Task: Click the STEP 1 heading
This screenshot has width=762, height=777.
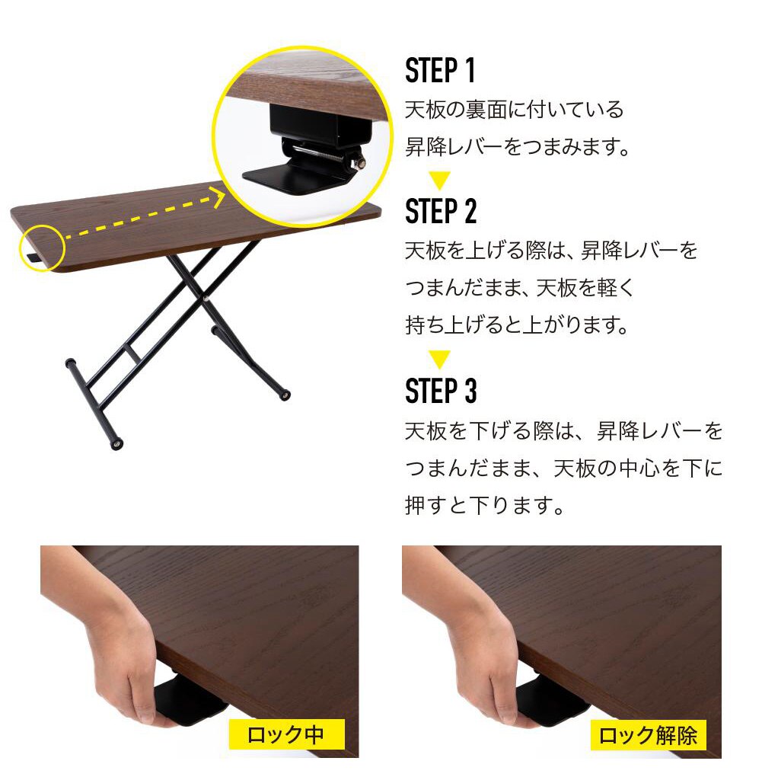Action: [x=440, y=70]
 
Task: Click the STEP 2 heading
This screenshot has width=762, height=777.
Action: [x=441, y=211]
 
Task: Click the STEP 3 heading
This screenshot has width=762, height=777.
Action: [x=441, y=391]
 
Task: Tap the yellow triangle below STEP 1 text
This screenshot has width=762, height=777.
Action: [x=439, y=181]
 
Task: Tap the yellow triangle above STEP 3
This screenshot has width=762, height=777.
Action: [x=439, y=359]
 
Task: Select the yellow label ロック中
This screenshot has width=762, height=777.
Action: [x=286, y=735]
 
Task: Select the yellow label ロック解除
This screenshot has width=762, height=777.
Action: [x=648, y=735]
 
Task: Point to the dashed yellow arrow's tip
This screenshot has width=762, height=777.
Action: [x=221, y=200]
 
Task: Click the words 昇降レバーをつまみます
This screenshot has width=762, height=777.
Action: [x=518, y=146]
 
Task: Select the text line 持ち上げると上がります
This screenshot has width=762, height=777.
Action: [x=518, y=326]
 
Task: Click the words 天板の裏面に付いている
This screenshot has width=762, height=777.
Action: [x=514, y=110]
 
